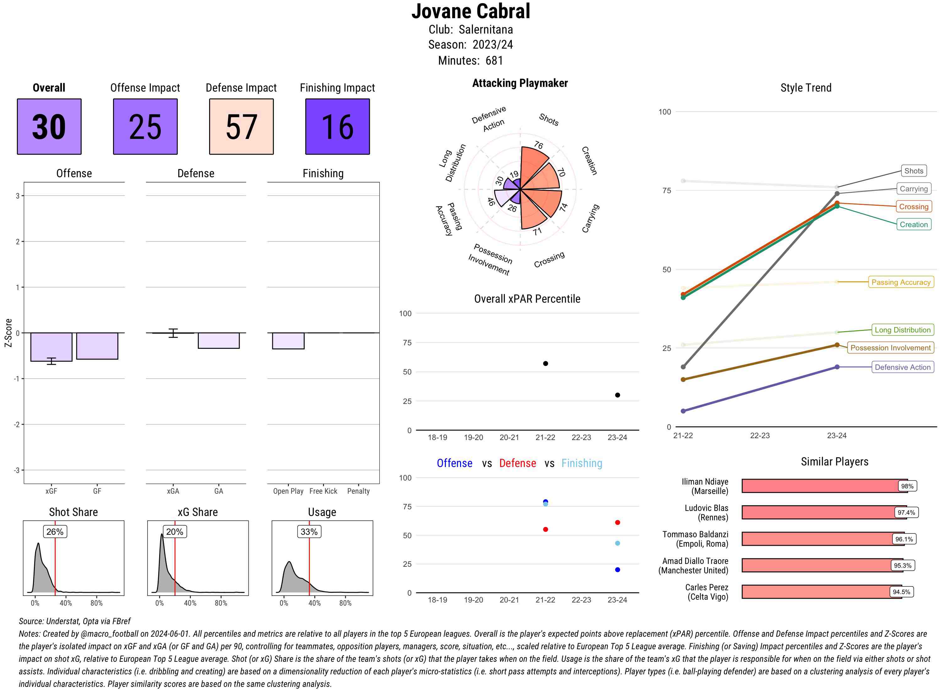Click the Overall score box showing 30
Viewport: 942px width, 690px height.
(49, 127)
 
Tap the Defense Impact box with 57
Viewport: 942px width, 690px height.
(241, 127)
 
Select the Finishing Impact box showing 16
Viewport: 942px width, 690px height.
(338, 127)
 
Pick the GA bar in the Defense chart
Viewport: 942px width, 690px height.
(219, 340)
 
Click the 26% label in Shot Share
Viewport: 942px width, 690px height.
(55, 532)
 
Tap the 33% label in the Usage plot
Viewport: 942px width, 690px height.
(309, 532)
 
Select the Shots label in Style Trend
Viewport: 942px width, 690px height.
(913, 171)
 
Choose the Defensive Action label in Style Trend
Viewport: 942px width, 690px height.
(902, 367)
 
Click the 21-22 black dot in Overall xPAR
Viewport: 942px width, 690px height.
(545, 364)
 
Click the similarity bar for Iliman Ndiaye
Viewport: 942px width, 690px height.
(820, 486)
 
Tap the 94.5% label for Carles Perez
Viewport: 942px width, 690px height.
(901, 592)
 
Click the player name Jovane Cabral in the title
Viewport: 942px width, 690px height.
(470, 11)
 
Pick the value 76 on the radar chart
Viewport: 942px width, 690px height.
(539, 145)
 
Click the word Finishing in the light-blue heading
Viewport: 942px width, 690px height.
(582, 463)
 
